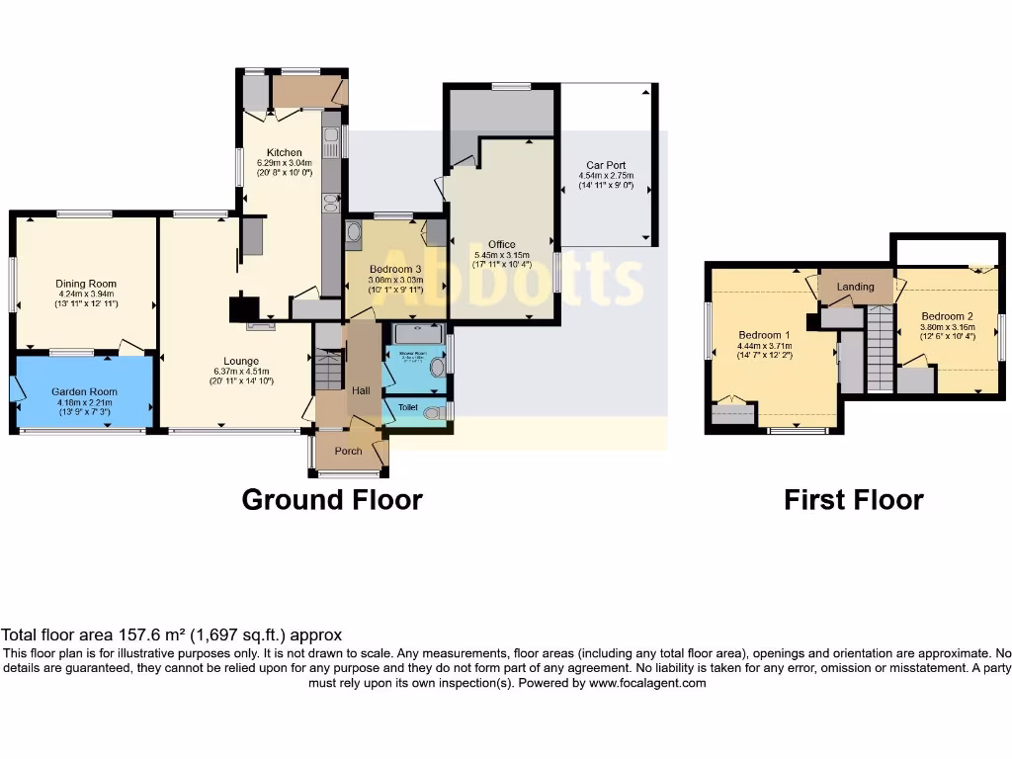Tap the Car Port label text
pyautogui.click(x=606, y=165)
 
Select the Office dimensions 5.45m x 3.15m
pyautogui.click(x=502, y=255)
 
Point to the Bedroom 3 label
pyautogui.click(x=396, y=269)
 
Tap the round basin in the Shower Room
pyautogui.click(x=438, y=367)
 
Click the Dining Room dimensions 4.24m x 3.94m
pyautogui.click(x=86, y=294)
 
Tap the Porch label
pyautogui.click(x=349, y=451)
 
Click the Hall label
pyautogui.click(x=360, y=391)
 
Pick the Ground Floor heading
pyautogui.click(x=332, y=500)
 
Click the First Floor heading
pyautogui.click(x=853, y=500)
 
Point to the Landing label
pyautogui.click(x=855, y=287)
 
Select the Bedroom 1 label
pyautogui.click(x=765, y=335)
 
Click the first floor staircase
pyautogui.click(x=880, y=349)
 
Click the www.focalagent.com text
pyautogui.click(x=647, y=683)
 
